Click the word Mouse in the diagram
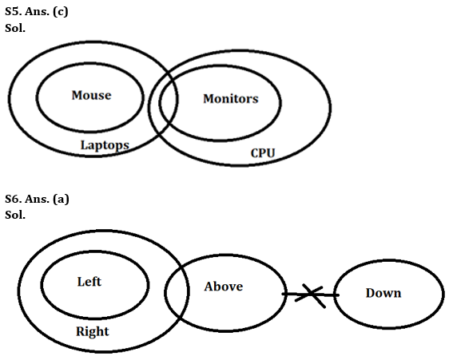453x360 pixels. pyautogui.click(x=91, y=95)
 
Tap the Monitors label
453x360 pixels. pyautogui.click(x=230, y=99)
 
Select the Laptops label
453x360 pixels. pyautogui.click(x=105, y=144)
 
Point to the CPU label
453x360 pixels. pyautogui.click(x=263, y=152)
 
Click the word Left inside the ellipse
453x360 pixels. pyautogui.click(x=89, y=282)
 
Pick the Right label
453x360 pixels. pyautogui.click(x=92, y=330)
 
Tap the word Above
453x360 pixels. pyautogui.click(x=223, y=286)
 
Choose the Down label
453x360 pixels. pyautogui.click(x=383, y=293)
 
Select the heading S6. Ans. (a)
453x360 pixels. pyautogui.click(x=37, y=199)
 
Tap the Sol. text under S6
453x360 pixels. pyautogui.click(x=14, y=214)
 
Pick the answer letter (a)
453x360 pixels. pyautogui.click(x=61, y=199)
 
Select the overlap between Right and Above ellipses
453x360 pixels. pyautogui.click(x=178, y=287)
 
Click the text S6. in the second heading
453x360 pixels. pyautogui.click(x=13, y=199)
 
